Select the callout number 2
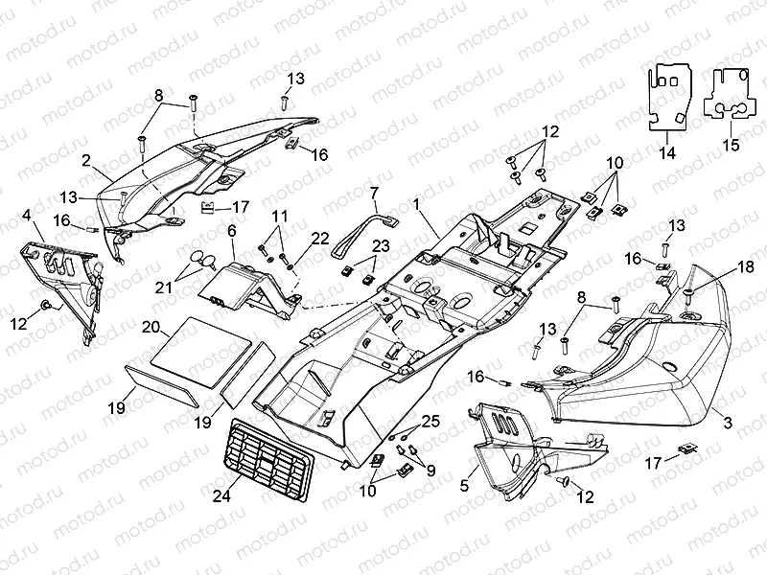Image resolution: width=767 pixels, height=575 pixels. (x=86, y=159)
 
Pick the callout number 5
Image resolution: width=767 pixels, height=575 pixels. (x=465, y=486)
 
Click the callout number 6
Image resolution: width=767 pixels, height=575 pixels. (x=231, y=231)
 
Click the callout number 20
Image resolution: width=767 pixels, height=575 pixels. (x=151, y=327)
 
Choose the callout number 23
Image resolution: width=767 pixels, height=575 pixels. (x=355, y=245)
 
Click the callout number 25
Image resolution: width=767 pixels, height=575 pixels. (x=430, y=422)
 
